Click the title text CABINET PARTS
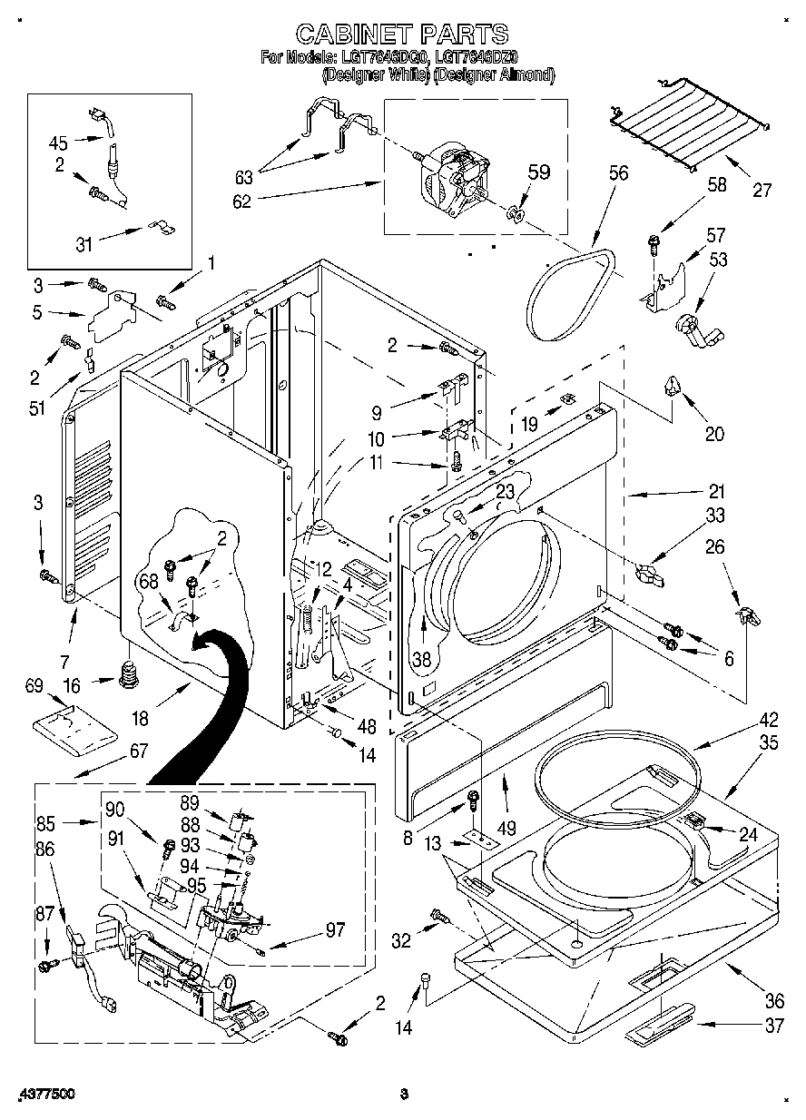[402, 34]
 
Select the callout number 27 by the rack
[762, 191]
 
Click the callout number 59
[539, 172]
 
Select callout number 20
[714, 434]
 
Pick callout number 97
[336, 928]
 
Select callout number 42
[769, 721]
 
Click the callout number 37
[773, 1026]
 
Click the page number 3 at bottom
[405, 1095]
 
